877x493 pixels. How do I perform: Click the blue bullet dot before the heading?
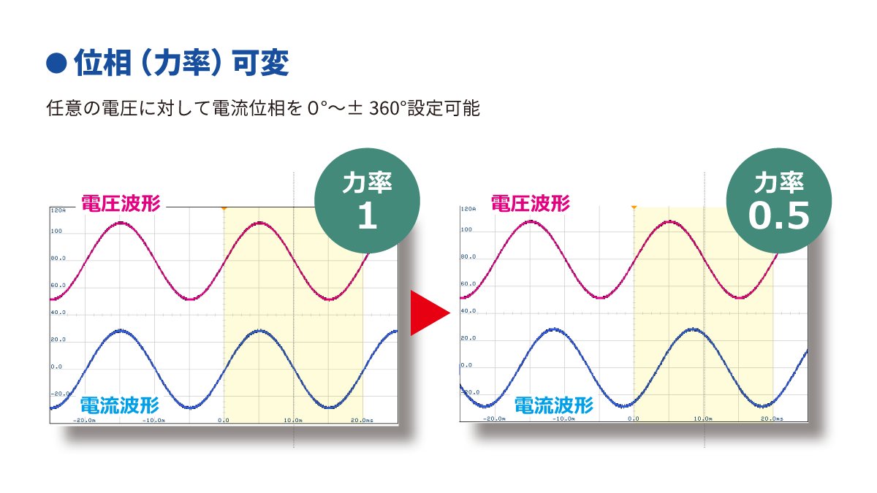(56, 64)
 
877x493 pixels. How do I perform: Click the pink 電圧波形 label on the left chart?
(121, 204)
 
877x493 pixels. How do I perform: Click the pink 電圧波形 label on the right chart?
(530, 203)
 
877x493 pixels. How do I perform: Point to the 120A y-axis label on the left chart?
(58, 210)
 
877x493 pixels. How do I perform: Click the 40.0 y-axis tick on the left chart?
(58, 313)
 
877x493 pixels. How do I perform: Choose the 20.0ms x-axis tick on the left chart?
(362, 421)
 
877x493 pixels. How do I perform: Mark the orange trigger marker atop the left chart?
(224, 208)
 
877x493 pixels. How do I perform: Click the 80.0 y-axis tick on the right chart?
(468, 257)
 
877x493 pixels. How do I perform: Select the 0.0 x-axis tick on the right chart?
(634, 419)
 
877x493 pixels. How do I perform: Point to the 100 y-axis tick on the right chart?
(466, 230)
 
